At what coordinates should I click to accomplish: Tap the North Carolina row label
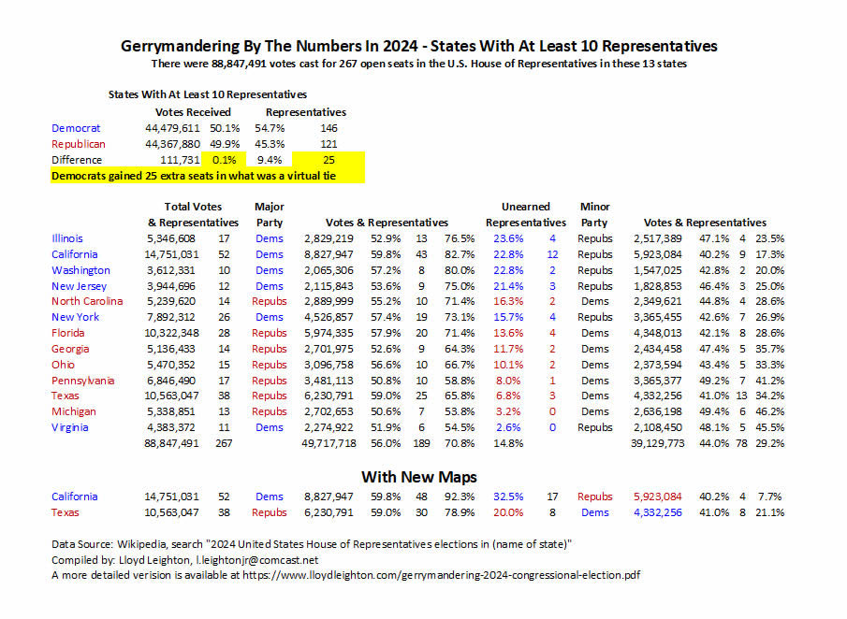(87, 301)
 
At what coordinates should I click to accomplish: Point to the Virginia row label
(71, 427)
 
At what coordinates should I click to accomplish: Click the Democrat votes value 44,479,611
(172, 128)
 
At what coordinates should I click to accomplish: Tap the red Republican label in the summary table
(79, 144)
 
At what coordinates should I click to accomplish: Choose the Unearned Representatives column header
(525, 214)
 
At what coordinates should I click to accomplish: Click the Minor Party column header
(594, 214)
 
